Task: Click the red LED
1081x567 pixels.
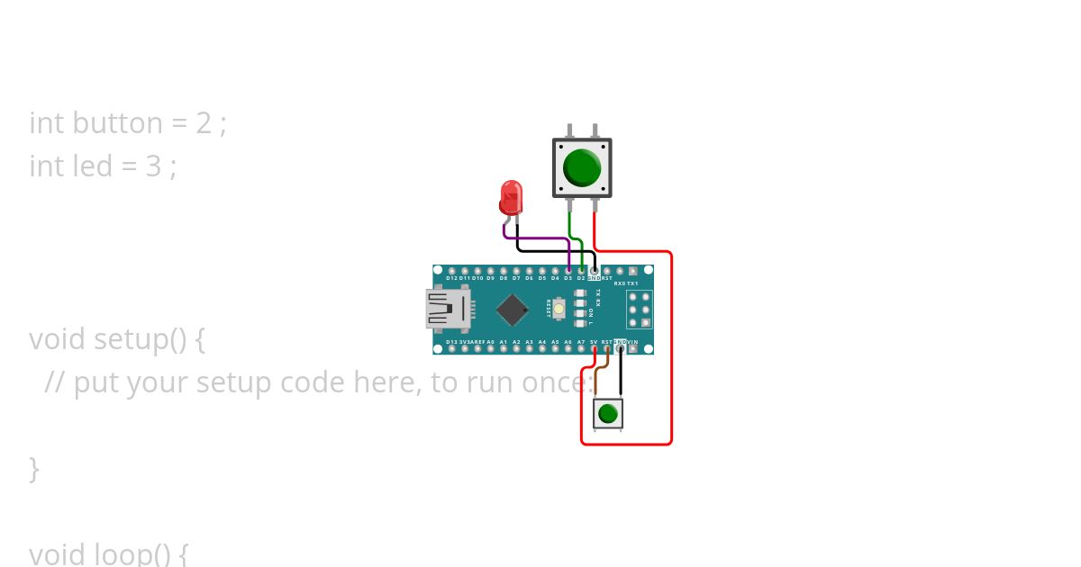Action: pyautogui.click(x=511, y=195)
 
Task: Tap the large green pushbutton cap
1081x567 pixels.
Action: pyautogui.click(x=582, y=167)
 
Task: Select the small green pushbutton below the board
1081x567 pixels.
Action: pyautogui.click(x=608, y=413)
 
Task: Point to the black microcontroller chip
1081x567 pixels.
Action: pyautogui.click(x=512, y=310)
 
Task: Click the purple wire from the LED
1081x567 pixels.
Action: pyautogui.click(x=536, y=238)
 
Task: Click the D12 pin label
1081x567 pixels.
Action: pyautogui.click(x=451, y=279)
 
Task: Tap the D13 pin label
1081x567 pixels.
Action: pyautogui.click(x=451, y=343)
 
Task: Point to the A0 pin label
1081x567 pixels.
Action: pyautogui.click(x=490, y=343)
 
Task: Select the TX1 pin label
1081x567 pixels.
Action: pyautogui.click(x=632, y=283)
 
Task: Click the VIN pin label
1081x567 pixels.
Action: pyautogui.click(x=632, y=343)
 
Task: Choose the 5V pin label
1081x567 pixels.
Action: pyautogui.click(x=594, y=343)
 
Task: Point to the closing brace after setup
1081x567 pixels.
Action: pyautogui.click(x=34, y=469)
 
